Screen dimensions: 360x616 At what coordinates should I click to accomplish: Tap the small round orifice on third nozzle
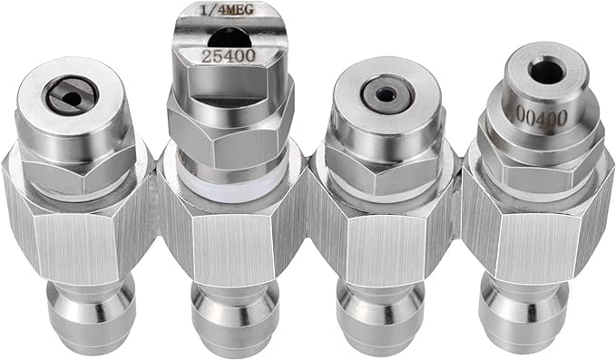382,93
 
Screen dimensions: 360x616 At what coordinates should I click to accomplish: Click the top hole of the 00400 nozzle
545,70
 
